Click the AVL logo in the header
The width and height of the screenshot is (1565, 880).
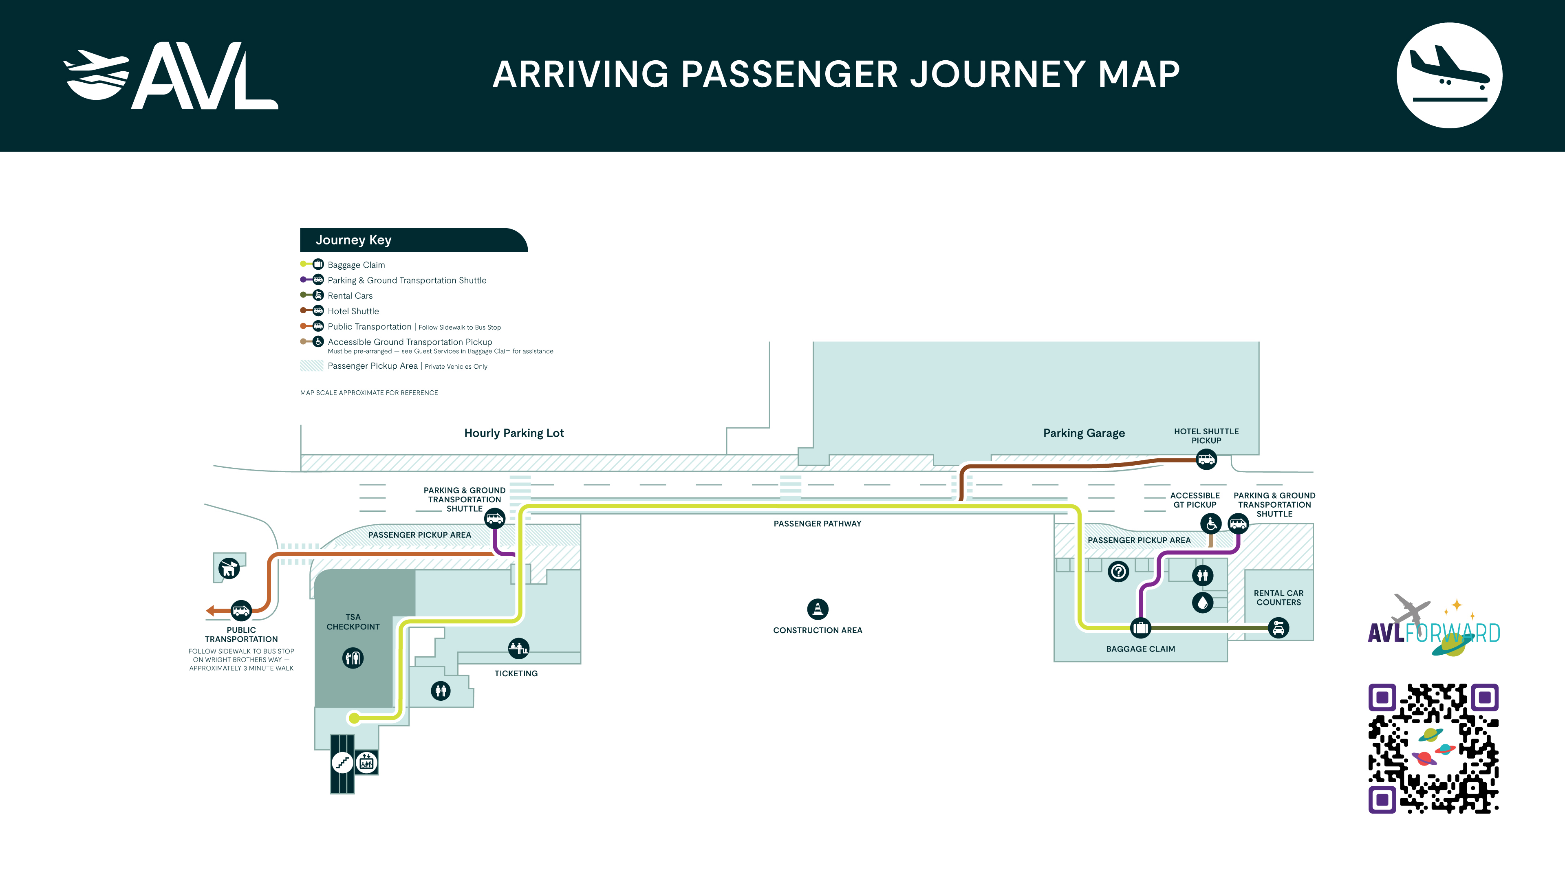coord(171,75)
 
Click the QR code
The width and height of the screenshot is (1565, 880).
coord(1433,748)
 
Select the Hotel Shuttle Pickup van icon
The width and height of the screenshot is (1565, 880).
coord(1206,459)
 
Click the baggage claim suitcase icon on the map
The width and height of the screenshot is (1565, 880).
coord(1140,627)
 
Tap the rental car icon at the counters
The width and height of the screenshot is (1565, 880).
coord(1279,627)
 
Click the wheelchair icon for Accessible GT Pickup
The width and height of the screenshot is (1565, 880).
coord(1211,523)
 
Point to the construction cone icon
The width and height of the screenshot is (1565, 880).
coord(818,609)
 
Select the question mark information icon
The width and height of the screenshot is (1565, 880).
coord(1118,572)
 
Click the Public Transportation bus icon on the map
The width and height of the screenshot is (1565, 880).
coord(241,610)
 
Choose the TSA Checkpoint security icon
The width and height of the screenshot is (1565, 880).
coord(353,658)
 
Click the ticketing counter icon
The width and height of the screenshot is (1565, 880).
coord(518,649)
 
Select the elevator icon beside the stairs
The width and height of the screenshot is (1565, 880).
coord(366,762)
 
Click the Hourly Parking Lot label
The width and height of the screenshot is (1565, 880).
coord(514,433)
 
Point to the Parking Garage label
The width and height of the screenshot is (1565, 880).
coord(1084,433)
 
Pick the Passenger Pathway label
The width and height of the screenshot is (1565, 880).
coord(817,524)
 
